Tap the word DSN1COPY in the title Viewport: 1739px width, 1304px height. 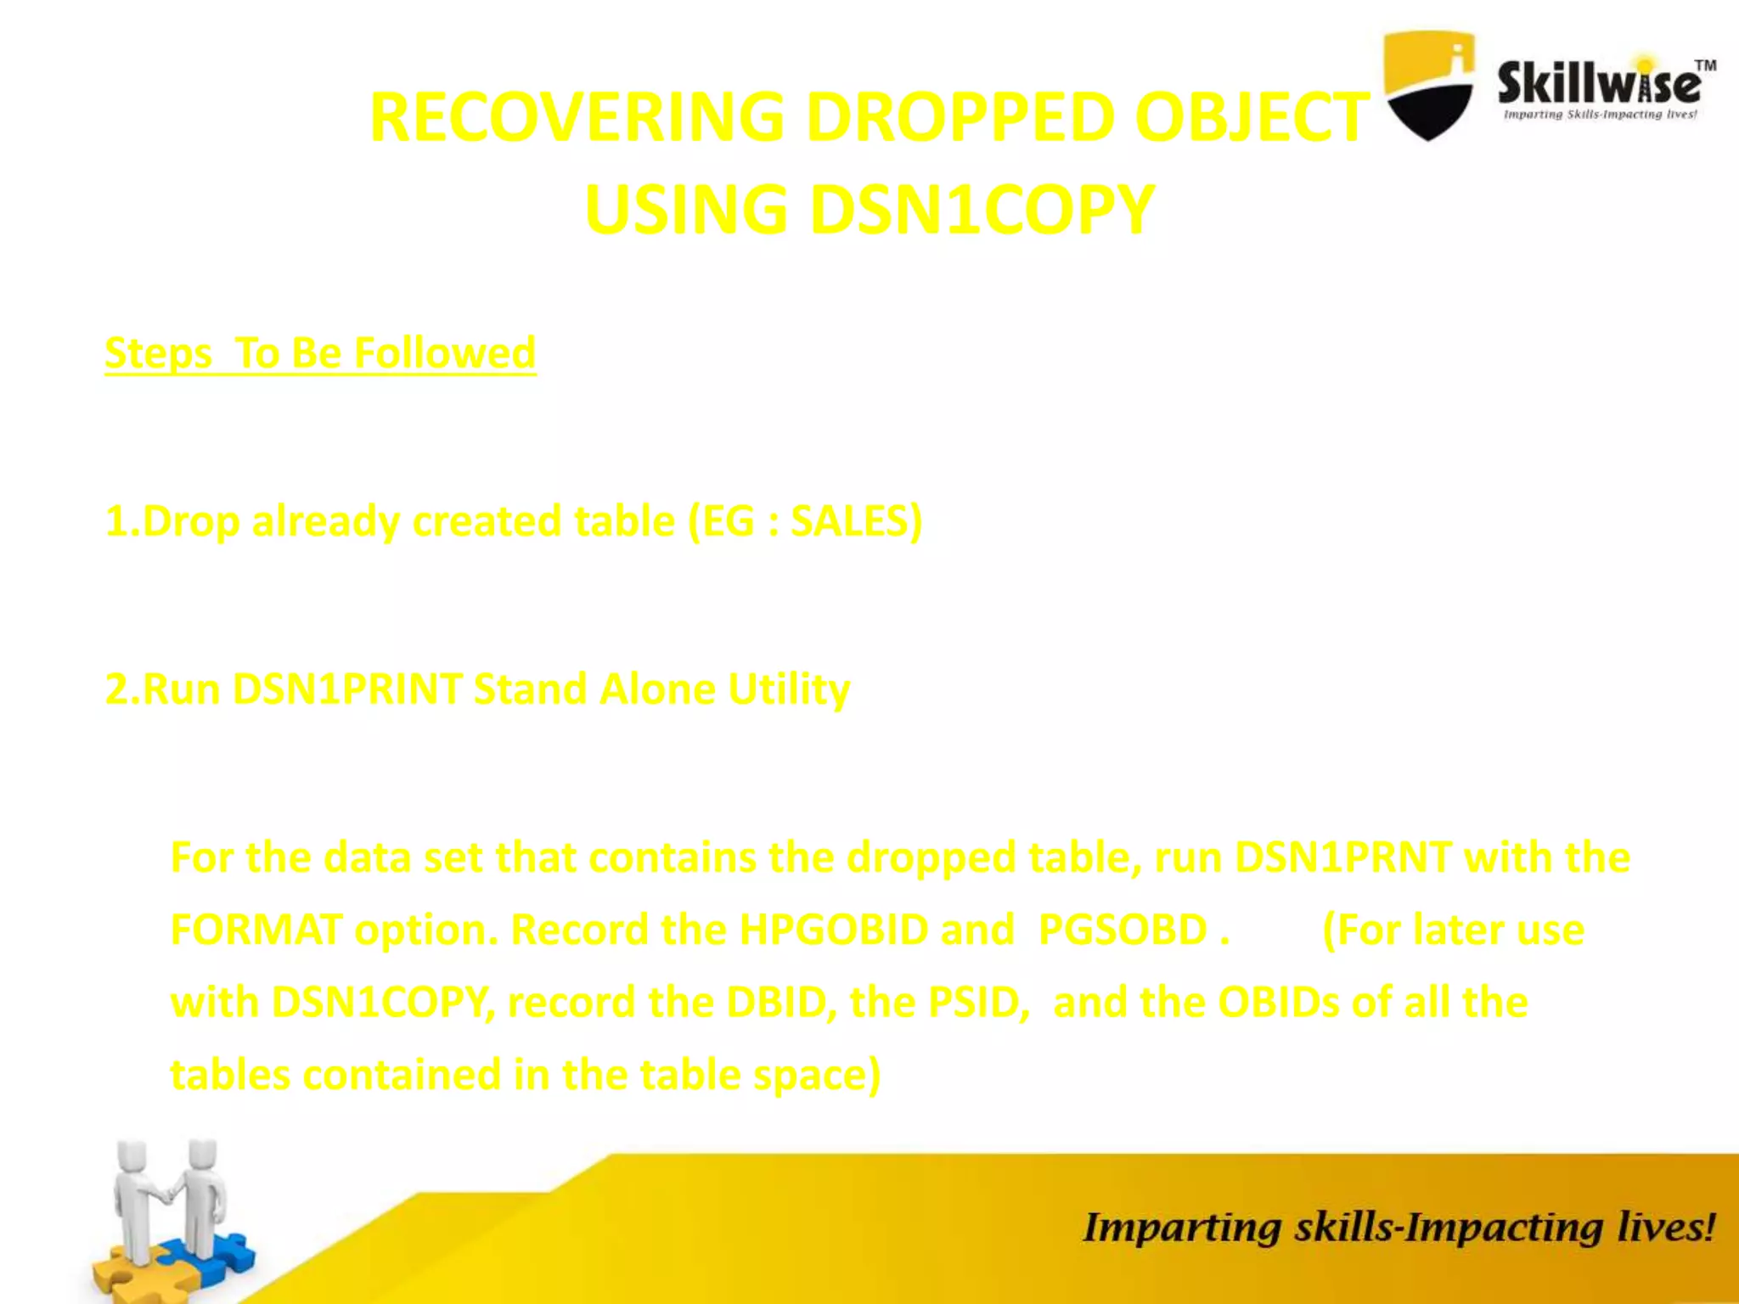982,210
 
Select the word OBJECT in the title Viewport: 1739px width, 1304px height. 1252,117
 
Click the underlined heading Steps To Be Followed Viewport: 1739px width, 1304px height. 320,353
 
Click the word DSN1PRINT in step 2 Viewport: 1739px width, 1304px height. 347,689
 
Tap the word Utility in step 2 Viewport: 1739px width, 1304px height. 789,689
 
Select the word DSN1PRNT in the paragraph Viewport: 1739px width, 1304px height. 1342,857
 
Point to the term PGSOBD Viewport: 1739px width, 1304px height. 1123,930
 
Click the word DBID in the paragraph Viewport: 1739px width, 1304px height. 776,1003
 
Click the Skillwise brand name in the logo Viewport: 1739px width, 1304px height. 1599,83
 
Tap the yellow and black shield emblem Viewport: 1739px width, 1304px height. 1429,85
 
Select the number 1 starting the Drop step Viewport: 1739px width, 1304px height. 116,521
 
